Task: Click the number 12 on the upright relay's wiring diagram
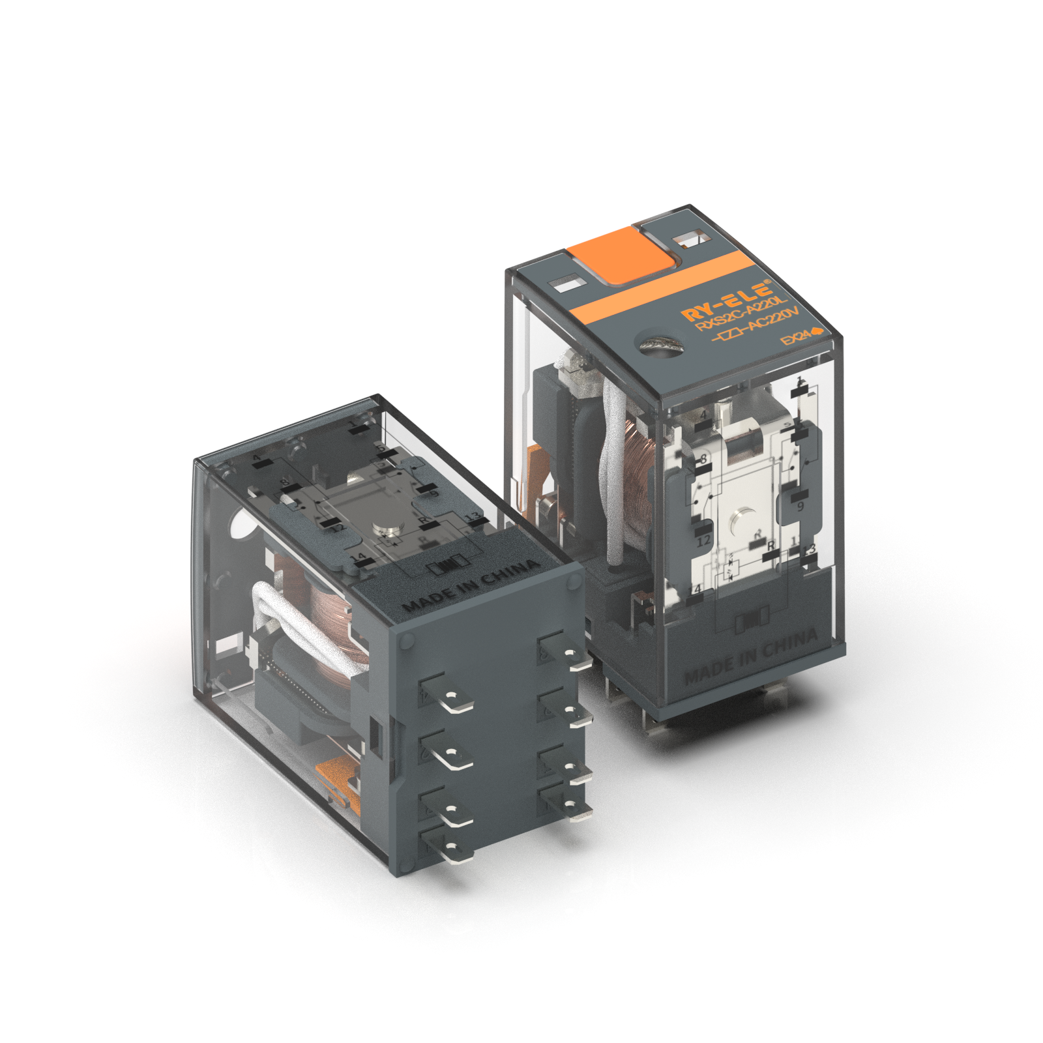(703, 540)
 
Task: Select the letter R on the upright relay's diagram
(771, 545)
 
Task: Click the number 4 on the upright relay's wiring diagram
(703, 415)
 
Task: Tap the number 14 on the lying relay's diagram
(358, 558)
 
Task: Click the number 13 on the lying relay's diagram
(473, 516)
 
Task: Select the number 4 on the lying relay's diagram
(257, 459)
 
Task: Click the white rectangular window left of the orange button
(565, 283)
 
